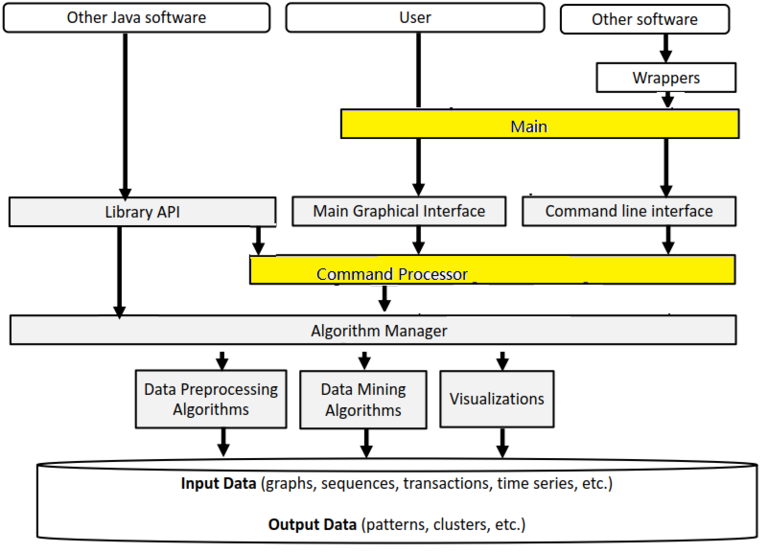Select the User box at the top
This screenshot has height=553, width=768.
click(x=415, y=17)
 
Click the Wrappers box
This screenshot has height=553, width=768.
click(x=666, y=77)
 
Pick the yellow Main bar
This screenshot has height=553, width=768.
click(x=539, y=125)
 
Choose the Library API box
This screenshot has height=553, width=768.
click(x=142, y=211)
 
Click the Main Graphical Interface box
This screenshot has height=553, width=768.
click(x=398, y=211)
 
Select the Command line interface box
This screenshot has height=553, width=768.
click(x=629, y=211)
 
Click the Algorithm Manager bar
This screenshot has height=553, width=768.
click(x=373, y=330)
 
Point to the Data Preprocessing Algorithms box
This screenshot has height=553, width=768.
click(x=210, y=399)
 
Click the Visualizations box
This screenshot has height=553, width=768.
click(x=497, y=399)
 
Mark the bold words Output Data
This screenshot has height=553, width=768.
click(x=313, y=524)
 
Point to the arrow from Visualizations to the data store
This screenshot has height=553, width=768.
click(x=502, y=441)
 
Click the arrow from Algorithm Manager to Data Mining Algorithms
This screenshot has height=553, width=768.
click(x=362, y=359)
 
